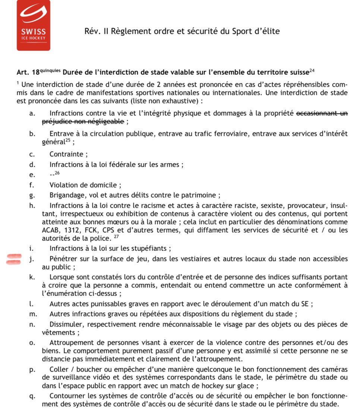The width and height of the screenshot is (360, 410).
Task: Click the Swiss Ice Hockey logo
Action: (33, 25)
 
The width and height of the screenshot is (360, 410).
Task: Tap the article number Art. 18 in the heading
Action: (28, 72)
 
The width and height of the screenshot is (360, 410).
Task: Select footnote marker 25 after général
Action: (67, 140)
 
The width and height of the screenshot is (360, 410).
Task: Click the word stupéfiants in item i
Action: (152, 248)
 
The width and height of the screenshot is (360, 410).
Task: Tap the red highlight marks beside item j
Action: (13, 259)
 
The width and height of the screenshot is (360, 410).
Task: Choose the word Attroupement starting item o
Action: (70, 343)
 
